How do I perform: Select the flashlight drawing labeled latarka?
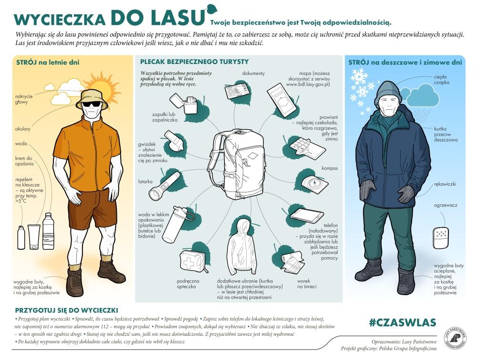pos(164,187)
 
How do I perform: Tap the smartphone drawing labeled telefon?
pos(307,215)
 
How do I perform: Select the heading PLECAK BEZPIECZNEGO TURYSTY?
pos(194,62)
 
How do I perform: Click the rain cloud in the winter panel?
pos(420,95)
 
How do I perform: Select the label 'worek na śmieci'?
pos(304,284)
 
